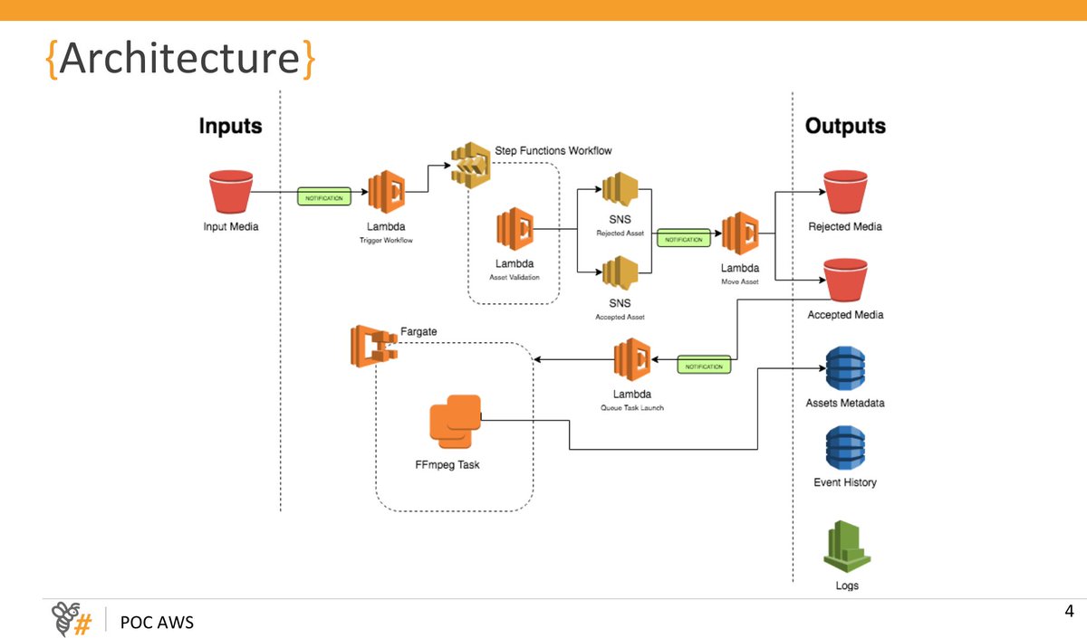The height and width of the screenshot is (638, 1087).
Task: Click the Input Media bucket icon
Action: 230,192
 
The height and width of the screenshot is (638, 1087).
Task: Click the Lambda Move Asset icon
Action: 740,234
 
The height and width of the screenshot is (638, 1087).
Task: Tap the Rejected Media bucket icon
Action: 844,192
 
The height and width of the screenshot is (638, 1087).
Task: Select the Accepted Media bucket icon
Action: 844,280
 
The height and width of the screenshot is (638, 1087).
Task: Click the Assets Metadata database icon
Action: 845,367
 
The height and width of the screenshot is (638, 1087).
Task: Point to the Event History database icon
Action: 845,447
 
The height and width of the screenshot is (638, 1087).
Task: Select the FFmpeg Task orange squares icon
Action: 455,421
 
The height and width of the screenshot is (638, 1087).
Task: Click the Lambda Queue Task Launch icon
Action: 631,361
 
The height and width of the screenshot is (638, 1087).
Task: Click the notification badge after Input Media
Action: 323,195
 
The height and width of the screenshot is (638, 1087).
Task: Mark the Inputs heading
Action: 230,126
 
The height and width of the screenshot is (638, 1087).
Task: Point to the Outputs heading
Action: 845,126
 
